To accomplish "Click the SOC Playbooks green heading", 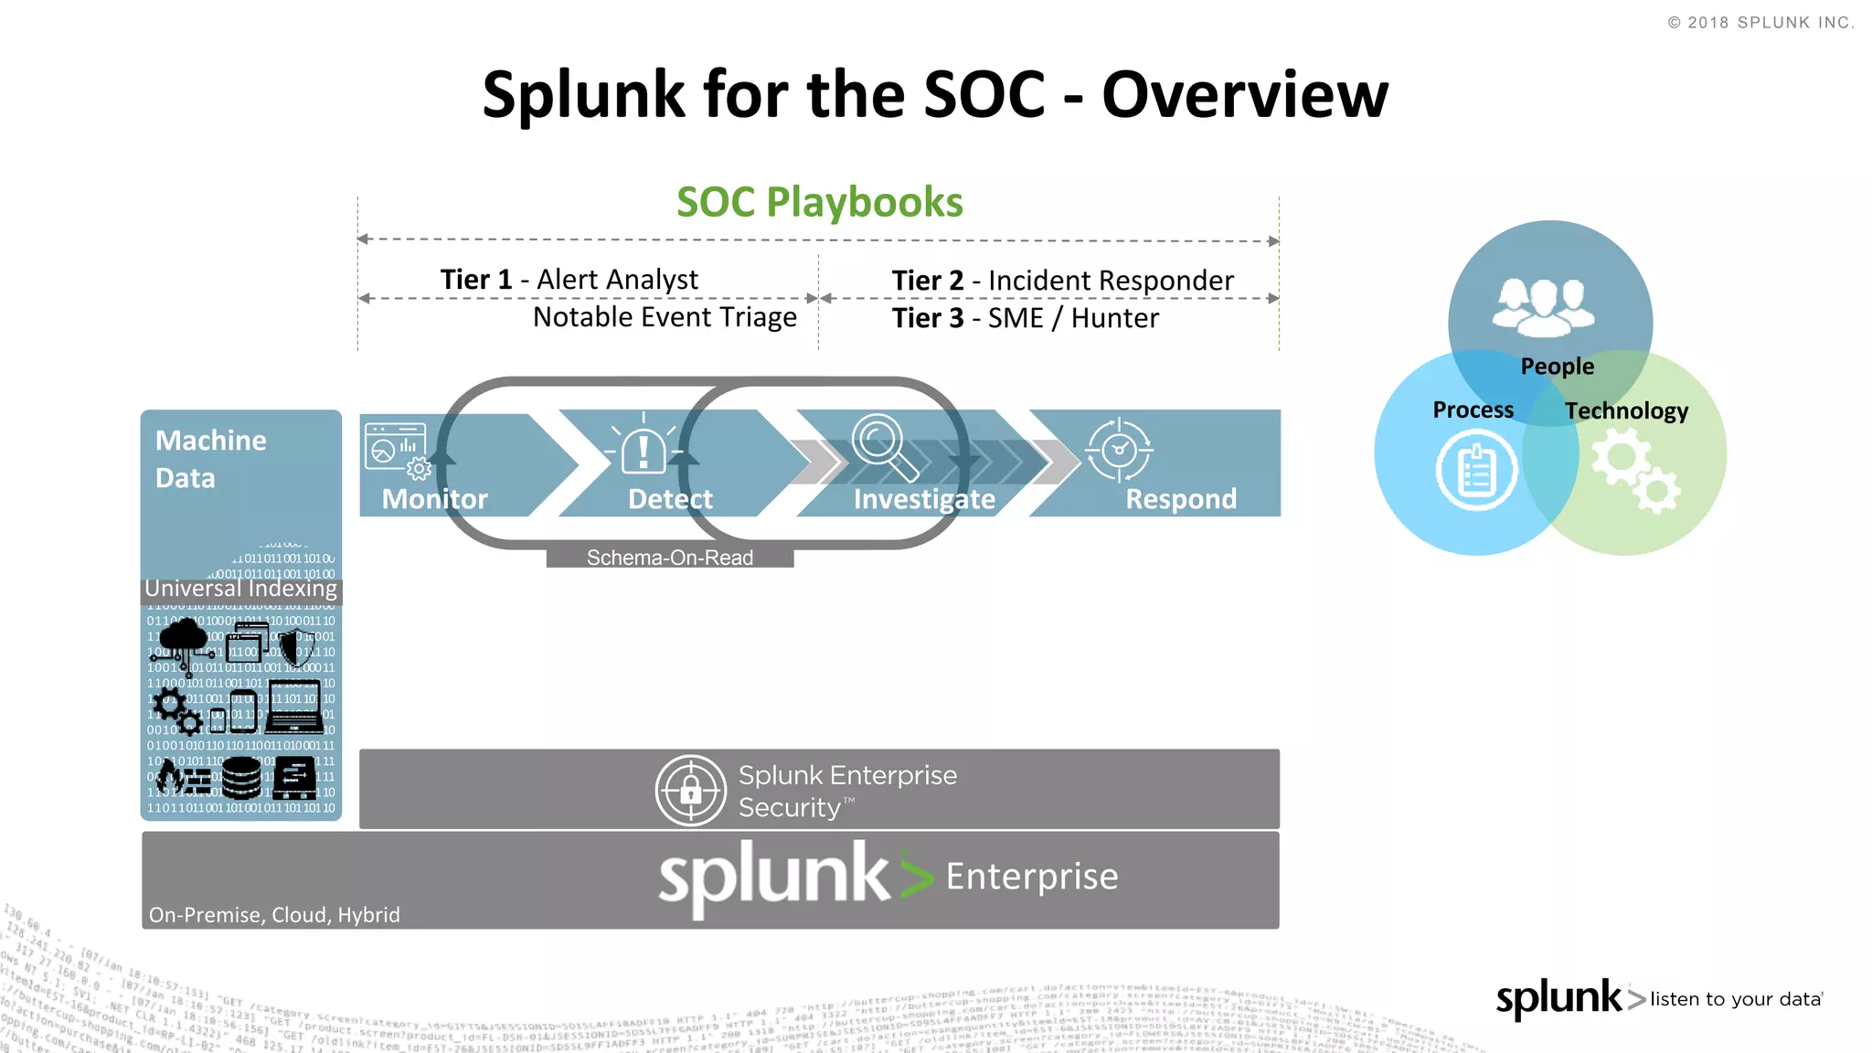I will tap(819, 202).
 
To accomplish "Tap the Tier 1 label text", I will tap(475, 280).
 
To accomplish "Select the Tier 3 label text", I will tap(927, 318).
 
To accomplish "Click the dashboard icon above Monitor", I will tap(397, 449).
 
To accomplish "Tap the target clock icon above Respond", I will tap(1119, 449).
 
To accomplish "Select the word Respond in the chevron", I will tap(1180, 499).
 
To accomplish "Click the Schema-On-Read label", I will tap(669, 558).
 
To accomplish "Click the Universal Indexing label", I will tap(241, 589).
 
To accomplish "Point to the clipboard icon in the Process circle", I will tap(1475, 471).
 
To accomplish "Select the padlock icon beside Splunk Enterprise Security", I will tap(691, 791).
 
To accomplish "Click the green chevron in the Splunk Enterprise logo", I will tap(916, 877).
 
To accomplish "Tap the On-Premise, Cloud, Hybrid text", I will tap(274, 915).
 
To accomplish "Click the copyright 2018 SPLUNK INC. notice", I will tap(1760, 23).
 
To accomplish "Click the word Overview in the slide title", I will tap(1244, 95).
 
